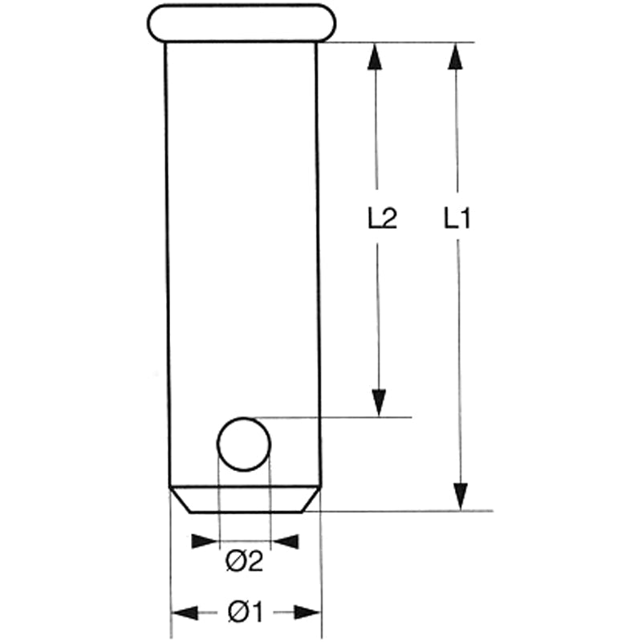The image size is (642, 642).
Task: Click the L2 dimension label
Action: point(382,219)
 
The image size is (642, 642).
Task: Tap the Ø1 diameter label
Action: point(246,613)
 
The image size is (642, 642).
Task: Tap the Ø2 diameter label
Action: point(245,563)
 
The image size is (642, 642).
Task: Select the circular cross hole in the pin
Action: point(245,444)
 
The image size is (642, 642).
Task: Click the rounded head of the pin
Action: point(241,22)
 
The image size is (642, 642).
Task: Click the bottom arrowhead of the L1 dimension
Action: point(460,496)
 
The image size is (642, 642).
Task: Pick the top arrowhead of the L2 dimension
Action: point(376,55)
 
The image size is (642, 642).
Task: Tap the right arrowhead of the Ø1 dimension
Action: point(308,613)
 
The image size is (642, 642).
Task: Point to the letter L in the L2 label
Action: point(374,219)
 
